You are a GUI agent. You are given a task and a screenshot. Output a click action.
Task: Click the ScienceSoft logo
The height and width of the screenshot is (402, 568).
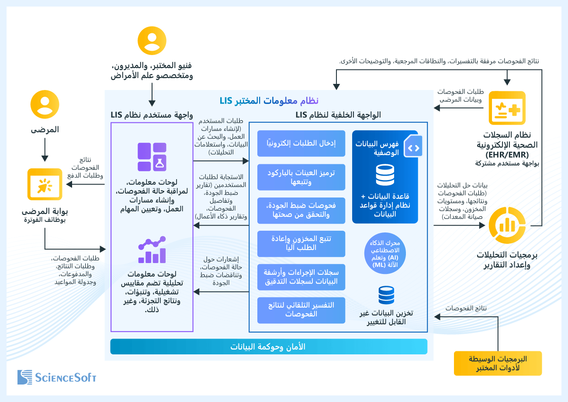click(57, 377)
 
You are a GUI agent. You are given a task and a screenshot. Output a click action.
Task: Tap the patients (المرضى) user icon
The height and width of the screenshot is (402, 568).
click(45, 104)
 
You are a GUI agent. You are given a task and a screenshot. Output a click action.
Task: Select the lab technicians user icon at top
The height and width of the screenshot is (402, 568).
click(152, 41)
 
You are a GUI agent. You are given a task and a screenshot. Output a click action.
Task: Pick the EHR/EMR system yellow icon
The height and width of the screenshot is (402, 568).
click(507, 108)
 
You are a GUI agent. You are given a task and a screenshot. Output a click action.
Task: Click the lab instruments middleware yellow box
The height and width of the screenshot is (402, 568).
click(498, 363)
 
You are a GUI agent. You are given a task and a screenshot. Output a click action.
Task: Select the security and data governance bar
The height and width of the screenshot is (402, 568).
click(268, 347)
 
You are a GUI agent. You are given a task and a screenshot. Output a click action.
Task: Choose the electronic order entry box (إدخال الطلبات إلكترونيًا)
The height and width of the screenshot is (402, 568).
click(301, 143)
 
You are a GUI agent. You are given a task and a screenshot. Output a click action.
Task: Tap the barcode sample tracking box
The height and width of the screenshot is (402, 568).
click(301, 177)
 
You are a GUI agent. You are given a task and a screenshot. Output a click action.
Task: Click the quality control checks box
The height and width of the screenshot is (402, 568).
click(301, 210)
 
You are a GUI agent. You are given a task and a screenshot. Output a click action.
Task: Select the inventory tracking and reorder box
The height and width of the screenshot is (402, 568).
click(301, 243)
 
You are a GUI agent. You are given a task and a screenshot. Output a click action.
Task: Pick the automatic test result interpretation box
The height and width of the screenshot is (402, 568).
click(301, 310)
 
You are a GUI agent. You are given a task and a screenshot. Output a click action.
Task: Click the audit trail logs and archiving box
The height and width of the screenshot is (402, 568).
click(301, 277)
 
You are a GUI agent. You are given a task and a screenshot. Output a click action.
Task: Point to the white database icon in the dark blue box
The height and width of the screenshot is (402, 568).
click(384, 175)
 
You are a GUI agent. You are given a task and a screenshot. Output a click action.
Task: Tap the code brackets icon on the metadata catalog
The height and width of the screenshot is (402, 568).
click(413, 146)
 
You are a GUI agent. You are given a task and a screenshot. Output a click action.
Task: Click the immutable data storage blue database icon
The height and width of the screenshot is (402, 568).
click(386, 295)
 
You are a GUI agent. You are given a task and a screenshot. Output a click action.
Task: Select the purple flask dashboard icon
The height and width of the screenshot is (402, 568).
click(152, 157)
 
